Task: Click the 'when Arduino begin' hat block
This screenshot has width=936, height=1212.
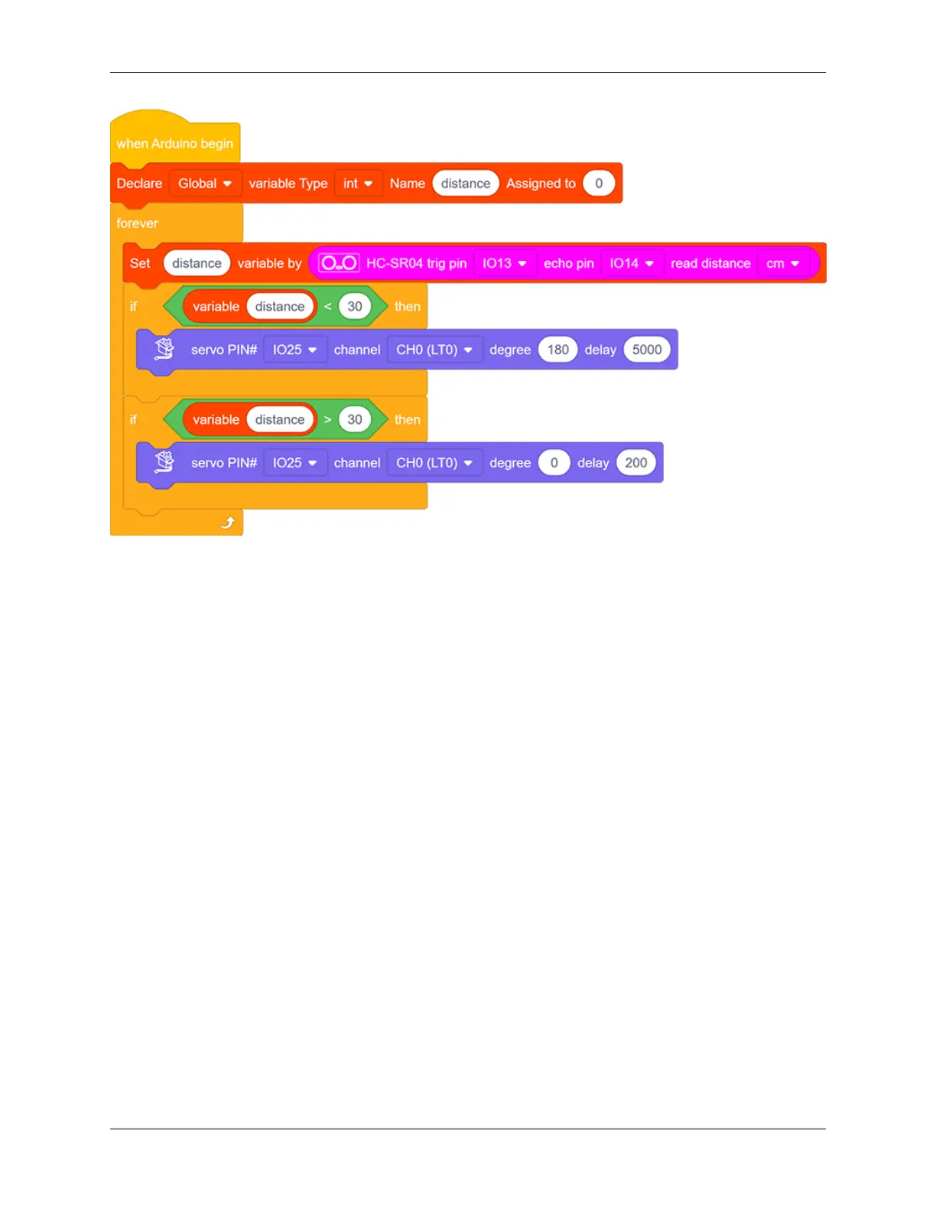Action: [174, 143]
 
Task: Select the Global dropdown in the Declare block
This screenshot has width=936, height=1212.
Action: [204, 184]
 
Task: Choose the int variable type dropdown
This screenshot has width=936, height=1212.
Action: [358, 184]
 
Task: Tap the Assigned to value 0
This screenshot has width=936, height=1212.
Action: [599, 184]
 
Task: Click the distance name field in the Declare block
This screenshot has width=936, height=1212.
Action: [465, 184]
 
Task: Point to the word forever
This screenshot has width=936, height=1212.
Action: [138, 223]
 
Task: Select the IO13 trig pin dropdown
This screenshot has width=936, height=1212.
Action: [504, 263]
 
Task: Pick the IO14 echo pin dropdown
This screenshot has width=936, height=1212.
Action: [631, 263]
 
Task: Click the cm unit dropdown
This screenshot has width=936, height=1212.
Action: [782, 263]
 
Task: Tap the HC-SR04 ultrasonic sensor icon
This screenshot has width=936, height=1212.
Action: [339, 263]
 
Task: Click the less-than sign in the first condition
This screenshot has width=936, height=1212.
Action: [327, 307]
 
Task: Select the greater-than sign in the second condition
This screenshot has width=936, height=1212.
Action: [327, 420]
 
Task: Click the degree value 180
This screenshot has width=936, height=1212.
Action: [557, 350]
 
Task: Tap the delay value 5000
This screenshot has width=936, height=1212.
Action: [646, 350]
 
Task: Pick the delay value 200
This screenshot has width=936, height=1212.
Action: [635, 463]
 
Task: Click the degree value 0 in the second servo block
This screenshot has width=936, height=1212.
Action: [554, 463]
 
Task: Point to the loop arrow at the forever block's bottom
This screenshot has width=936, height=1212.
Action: [227, 523]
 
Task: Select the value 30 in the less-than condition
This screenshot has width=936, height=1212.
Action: [355, 307]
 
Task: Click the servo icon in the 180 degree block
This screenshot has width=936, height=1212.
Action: [164, 349]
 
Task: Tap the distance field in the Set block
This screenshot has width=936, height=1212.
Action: [197, 263]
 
